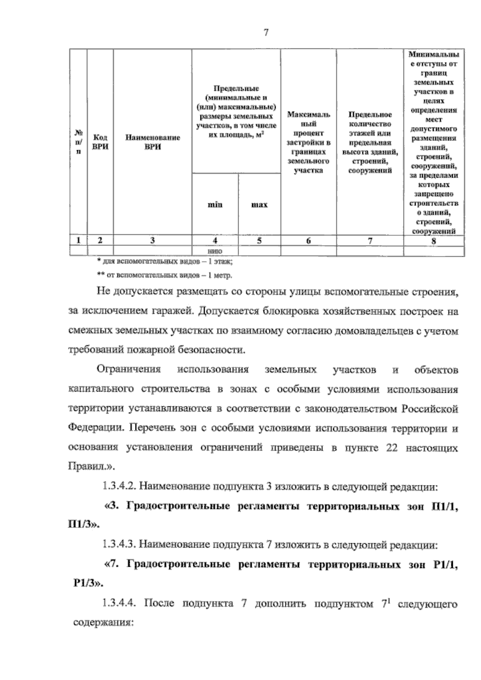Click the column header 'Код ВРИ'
(100, 142)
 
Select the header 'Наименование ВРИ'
(153, 142)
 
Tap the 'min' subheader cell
(215, 205)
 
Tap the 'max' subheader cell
(259, 205)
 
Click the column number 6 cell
(308, 241)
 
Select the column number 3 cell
(152, 241)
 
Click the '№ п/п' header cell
(79, 142)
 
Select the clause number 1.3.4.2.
(118, 487)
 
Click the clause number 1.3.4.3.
(118, 545)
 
